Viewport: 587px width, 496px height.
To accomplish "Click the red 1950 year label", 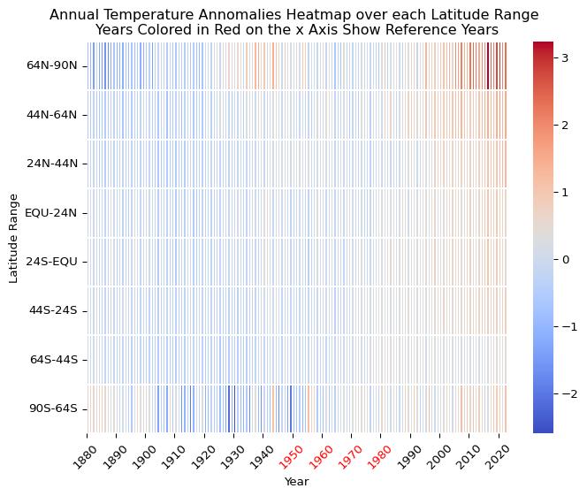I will point(290,455).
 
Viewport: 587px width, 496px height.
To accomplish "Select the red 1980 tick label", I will point(378,455).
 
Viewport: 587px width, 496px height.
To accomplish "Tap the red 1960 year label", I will point(319,455).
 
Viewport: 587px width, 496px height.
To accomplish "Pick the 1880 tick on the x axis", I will point(85,455).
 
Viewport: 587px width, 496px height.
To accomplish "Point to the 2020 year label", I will point(496,455).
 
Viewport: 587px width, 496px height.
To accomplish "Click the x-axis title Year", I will point(297,482).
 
